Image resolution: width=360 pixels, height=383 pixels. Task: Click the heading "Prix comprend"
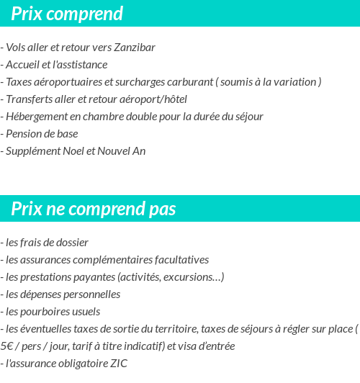(x=67, y=14)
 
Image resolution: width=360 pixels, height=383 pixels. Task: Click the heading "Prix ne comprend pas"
(x=94, y=209)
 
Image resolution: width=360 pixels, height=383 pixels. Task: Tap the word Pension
(x=23, y=134)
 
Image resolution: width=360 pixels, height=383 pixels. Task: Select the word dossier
(x=72, y=243)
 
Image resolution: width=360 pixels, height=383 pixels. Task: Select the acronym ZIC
(x=118, y=364)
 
